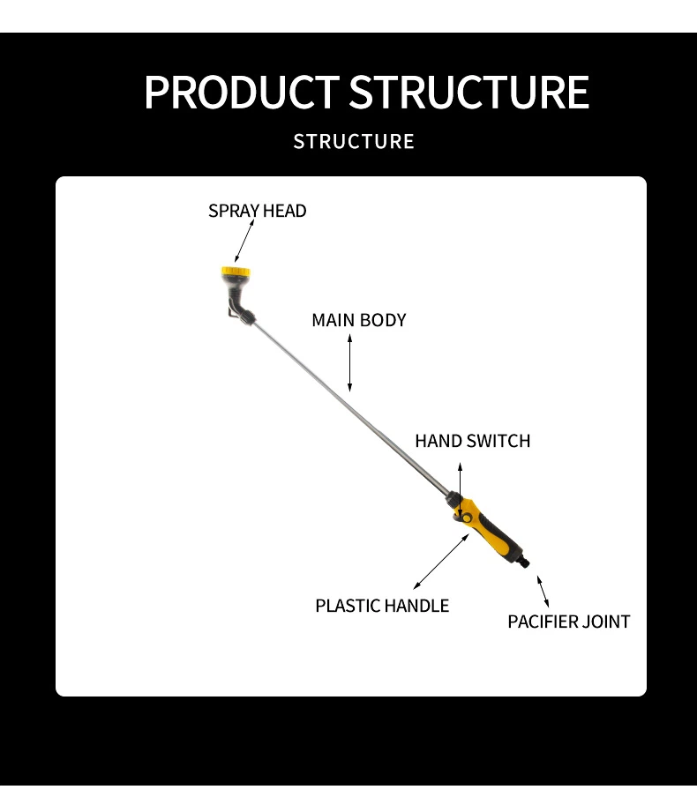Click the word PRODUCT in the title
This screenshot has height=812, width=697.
tap(240, 93)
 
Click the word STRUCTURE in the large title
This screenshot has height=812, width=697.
tap(468, 93)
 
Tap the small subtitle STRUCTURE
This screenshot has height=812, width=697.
tap(354, 141)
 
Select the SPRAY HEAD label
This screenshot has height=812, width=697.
tap(257, 211)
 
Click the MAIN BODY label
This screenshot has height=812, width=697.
tap(358, 320)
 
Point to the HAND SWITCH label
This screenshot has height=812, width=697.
tap(472, 441)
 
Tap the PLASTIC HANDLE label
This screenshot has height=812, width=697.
tap(382, 606)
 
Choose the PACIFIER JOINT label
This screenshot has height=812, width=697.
tap(568, 622)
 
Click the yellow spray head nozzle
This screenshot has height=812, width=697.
tap(235, 274)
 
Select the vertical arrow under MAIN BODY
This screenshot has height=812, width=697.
tap(350, 362)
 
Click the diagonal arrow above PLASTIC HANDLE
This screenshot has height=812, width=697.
tap(441, 561)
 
